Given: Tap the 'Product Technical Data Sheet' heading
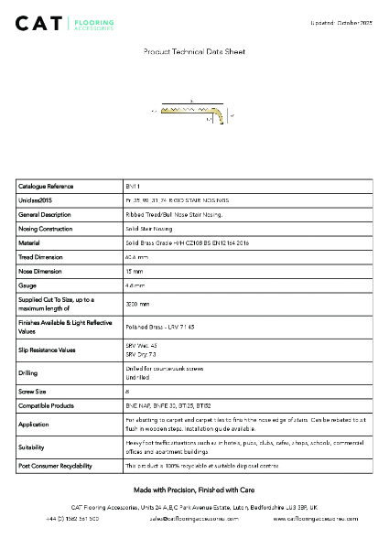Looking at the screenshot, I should click(194, 54).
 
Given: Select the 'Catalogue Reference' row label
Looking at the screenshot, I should click(46, 186).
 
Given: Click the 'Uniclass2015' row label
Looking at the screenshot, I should click(36, 199).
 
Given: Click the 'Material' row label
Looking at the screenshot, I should click(29, 242).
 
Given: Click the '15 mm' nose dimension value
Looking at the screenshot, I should click(135, 272).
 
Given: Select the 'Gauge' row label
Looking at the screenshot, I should click(27, 285).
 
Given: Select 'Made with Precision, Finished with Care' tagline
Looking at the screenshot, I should click(194, 490).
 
